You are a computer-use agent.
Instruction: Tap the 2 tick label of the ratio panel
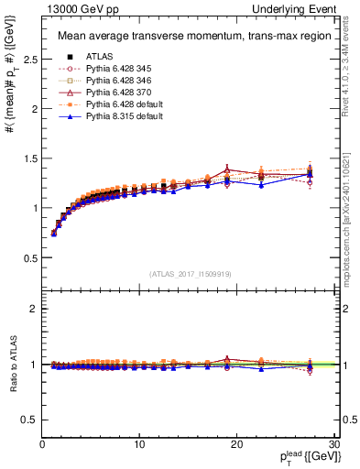tap(35, 309)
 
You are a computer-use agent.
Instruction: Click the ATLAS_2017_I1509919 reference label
tap(189, 272)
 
